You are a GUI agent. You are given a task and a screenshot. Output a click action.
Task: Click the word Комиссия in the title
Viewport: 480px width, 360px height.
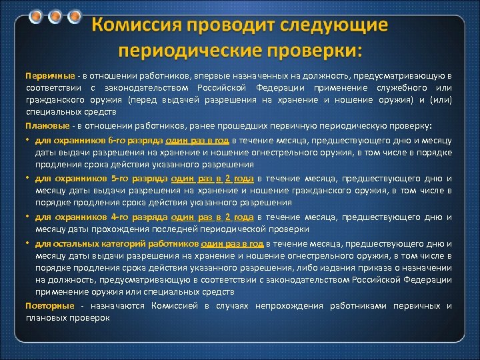click(141, 26)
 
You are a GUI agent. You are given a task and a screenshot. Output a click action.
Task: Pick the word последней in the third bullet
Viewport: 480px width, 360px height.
click(201, 229)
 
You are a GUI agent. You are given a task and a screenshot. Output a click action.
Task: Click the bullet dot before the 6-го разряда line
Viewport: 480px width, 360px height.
click(28, 141)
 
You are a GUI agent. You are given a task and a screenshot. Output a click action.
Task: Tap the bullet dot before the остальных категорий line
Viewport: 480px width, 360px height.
click(28, 242)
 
